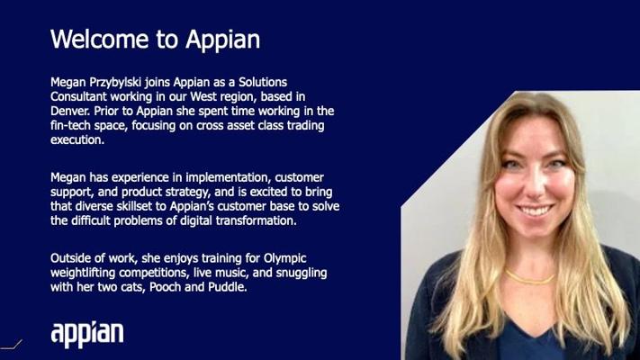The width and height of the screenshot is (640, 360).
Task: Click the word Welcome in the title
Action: click(99, 40)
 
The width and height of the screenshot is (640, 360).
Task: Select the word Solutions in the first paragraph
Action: click(263, 82)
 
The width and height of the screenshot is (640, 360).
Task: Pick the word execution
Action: click(77, 140)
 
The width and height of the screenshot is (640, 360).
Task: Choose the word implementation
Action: click(228, 178)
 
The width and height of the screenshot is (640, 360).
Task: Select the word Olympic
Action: click(285, 259)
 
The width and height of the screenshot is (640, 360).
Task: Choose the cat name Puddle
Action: click(228, 287)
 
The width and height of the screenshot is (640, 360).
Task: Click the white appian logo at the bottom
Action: click(87, 334)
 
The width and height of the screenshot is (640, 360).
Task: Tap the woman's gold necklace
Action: click(530, 277)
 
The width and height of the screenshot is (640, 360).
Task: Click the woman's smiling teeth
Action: click(535, 211)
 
